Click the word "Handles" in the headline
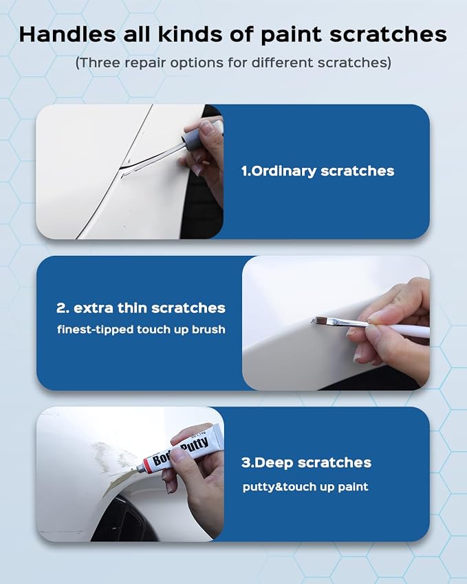pyautogui.click(x=67, y=34)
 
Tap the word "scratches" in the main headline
pyautogui.click(x=388, y=34)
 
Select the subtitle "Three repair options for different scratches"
pyautogui.click(x=234, y=63)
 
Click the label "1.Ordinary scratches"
pyautogui.click(x=318, y=171)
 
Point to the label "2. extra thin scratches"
pyautogui.click(x=141, y=308)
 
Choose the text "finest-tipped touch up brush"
pyautogui.click(x=141, y=329)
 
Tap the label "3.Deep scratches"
pyautogui.click(x=306, y=462)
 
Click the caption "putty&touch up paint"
pyautogui.click(x=305, y=487)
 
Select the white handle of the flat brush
pyautogui.click(x=398, y=330)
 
